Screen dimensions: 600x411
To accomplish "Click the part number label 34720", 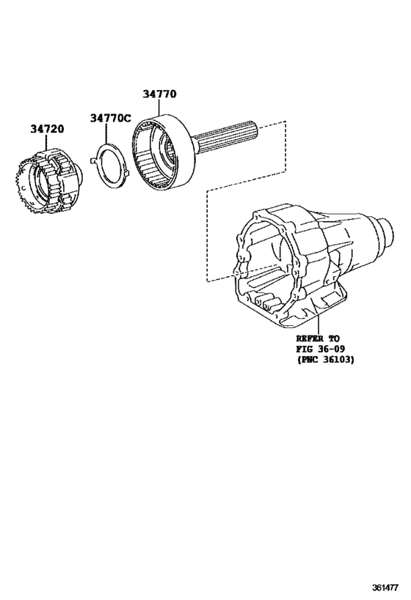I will (x=47, y=128).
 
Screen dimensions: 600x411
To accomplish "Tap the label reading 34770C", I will (x=111, y=117).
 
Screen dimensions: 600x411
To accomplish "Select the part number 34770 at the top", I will (x=159, y=94).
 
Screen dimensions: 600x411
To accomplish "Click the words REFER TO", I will (x=317, y=338).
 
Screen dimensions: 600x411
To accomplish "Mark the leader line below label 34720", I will (x=48, y=143).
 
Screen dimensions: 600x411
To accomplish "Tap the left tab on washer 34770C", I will (x=91, y=161).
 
